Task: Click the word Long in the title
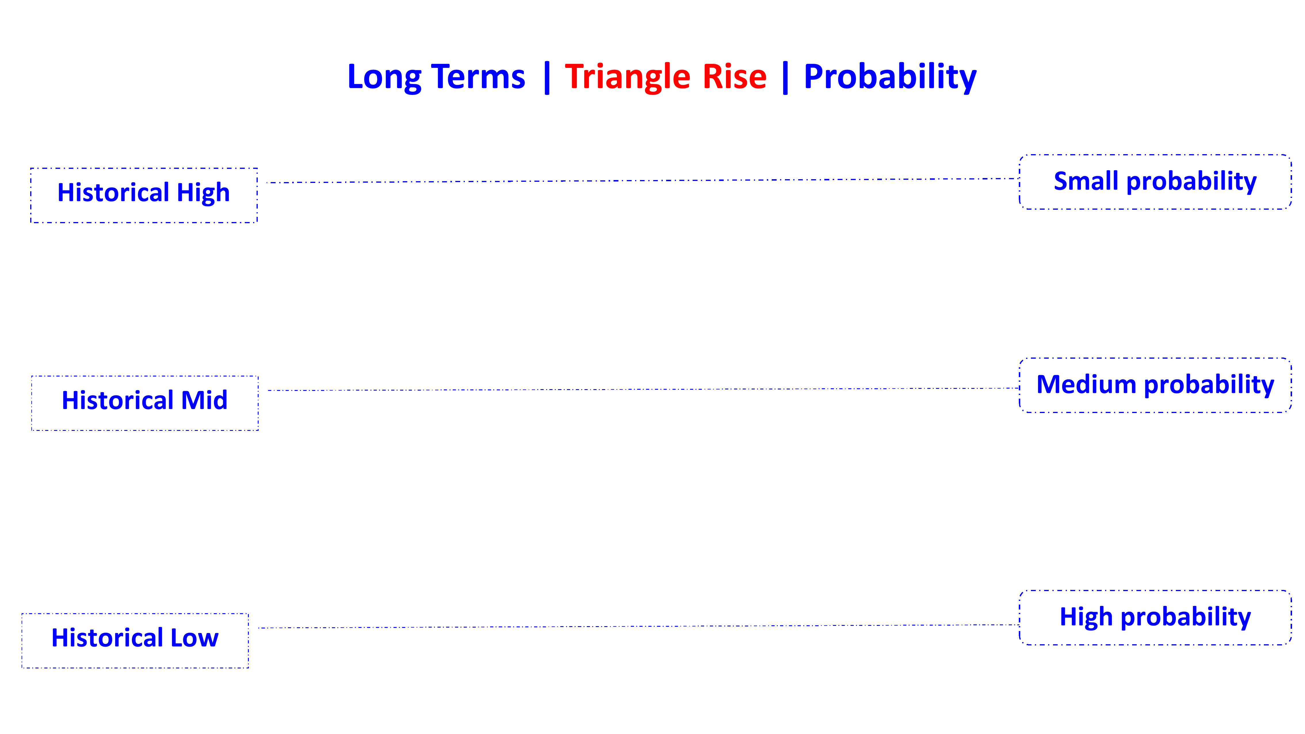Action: point(384,77)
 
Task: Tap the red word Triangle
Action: point(627,77)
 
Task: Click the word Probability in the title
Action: point(890,77)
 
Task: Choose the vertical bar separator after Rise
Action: point(785,77)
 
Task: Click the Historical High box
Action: point(144,195)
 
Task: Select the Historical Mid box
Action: point(145,403)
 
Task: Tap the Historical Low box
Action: point(135,641)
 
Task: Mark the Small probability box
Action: point(1155,182)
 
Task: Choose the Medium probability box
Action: point(1155,385)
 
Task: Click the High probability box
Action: point(1155,618)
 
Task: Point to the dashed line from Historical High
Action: point(638,180)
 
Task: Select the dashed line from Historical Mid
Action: point(638,389)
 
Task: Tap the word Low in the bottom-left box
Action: point(194,638)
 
